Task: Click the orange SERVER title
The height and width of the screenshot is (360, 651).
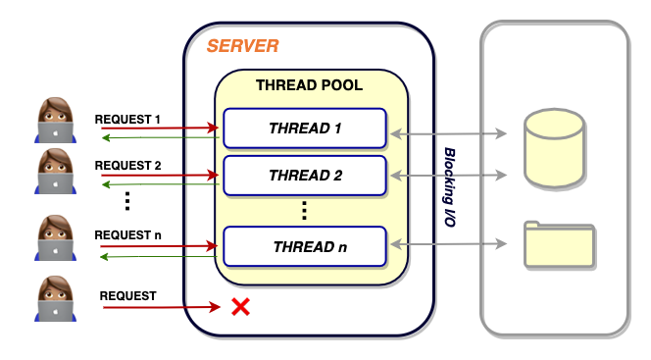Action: tap(243, 46)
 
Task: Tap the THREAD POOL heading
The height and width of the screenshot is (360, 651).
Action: tap(309, 85)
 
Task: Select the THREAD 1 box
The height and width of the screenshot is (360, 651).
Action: tap(305, 129)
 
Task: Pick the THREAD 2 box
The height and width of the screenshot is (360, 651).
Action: tap(305, 176)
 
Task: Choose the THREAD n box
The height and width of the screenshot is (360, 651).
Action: tap(305, 246)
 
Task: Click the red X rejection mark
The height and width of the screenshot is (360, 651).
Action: tap(241, 307)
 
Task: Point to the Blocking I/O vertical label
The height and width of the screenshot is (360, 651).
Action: tap(450, 186)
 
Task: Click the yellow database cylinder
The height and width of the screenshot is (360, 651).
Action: tap(555, 148)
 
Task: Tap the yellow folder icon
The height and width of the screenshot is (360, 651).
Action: tap(559, 244)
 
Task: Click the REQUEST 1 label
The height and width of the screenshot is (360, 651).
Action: tap(127, 120)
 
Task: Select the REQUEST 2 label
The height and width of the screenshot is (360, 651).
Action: tap(127, 166)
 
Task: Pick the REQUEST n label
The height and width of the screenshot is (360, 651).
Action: tap(127, 235)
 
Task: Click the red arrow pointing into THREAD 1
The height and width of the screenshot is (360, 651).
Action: tap(160, 128)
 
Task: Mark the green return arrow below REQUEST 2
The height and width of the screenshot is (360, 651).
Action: tap(160, 184)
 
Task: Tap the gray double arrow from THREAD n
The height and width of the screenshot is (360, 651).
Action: tap(449, 243)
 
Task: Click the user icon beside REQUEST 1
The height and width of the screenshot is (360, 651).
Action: tap(55, 120)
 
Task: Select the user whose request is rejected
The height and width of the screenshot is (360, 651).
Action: tap(55, 298)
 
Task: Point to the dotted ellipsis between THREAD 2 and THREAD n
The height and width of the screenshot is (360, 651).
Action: tap(304, 211)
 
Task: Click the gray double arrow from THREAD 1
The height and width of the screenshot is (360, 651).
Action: tap(449, 133)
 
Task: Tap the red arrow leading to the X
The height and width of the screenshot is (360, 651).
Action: tap(162, 307)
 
